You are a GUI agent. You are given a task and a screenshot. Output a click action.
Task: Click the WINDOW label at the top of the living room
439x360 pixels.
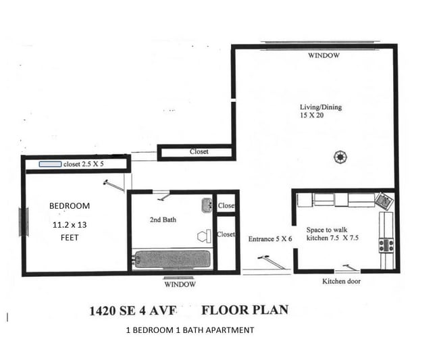point(324,55)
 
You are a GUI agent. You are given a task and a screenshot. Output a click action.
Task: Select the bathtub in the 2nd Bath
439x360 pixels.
point(172,259)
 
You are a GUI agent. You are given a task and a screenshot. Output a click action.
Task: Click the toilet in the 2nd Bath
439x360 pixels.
point(203,236)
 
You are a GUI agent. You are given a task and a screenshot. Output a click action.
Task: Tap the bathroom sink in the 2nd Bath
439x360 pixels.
point(207,206)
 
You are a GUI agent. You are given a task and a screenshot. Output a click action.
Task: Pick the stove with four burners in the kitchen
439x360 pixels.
point(386,245)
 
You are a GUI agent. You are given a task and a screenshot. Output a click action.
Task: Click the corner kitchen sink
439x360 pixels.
point(384,201)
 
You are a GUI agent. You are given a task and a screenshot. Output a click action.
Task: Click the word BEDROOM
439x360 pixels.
point(69,205)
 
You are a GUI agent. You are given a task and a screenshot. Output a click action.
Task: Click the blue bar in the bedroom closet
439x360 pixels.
point(49,164)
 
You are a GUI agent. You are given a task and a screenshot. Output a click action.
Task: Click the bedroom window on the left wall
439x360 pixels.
point(24,222)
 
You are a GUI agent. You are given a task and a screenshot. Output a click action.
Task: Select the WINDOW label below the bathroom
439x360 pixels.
point(180,284)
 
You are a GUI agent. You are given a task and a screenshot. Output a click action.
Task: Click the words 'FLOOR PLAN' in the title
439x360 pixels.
point(245,311)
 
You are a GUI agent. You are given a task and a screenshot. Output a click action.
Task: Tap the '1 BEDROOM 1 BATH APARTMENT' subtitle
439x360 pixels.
point(190,330)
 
